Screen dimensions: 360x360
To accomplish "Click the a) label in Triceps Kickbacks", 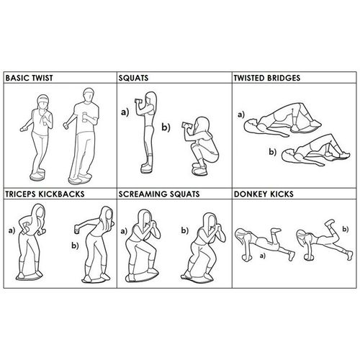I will [10, 233].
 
